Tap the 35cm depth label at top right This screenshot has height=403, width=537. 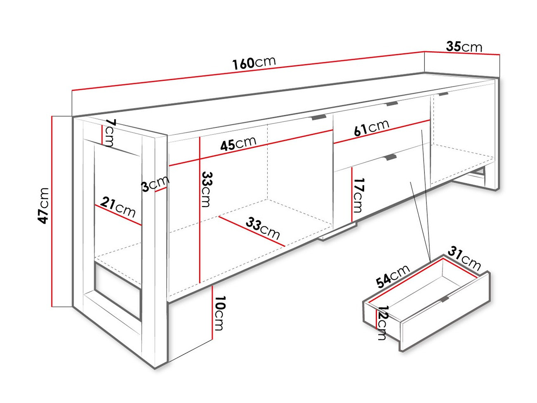464,46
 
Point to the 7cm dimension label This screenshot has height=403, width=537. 109,133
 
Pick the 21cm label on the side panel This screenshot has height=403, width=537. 118,207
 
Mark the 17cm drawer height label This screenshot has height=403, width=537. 358,195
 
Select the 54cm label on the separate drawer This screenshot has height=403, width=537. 393,276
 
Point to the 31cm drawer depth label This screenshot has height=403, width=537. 464,258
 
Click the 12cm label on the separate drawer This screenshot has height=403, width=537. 383,322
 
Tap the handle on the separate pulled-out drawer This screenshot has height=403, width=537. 444,299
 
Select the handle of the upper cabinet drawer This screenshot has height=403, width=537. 392,104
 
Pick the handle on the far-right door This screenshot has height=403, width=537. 443,94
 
